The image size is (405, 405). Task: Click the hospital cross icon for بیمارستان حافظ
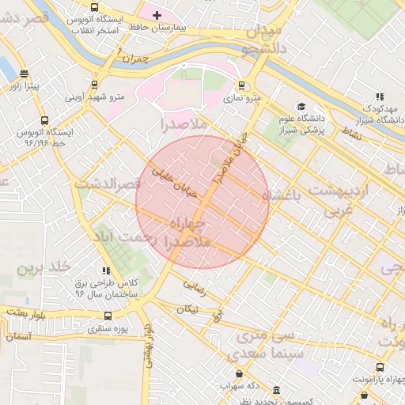[157, 15]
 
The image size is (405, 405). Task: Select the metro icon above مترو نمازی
[242, 86]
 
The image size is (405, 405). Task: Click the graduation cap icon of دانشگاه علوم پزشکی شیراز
[301, 107]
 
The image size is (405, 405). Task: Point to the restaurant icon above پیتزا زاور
[24, 75]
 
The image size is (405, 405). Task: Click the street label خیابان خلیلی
[167, 167]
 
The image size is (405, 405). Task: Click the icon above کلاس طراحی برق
[107, 271]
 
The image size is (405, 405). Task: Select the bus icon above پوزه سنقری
[108, 316]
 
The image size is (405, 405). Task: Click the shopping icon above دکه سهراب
[239, 374]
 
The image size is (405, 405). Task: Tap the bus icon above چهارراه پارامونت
[380, 367]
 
